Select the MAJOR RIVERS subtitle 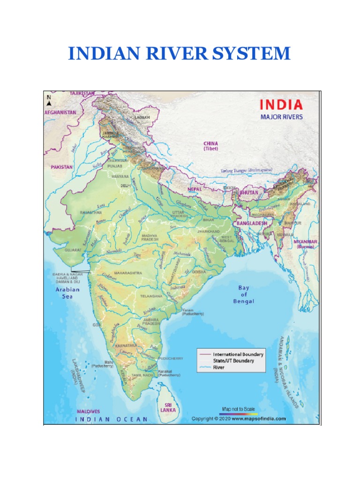(281, 117)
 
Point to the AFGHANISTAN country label (60, 113)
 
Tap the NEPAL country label (195, 189)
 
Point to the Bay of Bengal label (243, 294)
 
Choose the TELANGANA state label (151, 296)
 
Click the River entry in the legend (219, 367)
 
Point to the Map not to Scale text (239, 409)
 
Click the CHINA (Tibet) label (210, 146)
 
